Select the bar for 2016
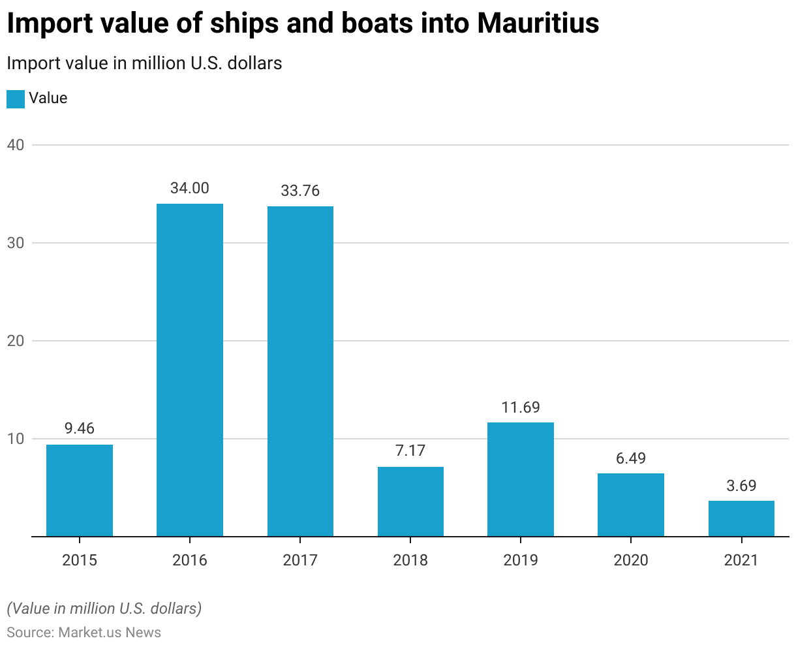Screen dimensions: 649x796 190,370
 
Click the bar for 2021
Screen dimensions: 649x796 741,518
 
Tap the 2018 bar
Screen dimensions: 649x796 410,501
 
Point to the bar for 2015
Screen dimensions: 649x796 80,490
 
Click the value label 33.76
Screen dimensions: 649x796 300,191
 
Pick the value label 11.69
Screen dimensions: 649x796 521,407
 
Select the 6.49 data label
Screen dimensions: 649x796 631,458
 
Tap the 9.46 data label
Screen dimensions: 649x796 80,429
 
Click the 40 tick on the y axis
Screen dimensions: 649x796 16,145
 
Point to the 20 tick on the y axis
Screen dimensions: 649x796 16,341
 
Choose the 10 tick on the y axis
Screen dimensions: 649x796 16,439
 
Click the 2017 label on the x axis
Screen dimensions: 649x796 300,560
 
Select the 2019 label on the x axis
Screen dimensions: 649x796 521,560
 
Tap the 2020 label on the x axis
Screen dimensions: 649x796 631,560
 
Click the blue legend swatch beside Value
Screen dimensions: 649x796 16,99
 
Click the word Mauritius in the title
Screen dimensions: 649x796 538,24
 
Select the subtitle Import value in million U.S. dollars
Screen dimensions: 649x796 144,63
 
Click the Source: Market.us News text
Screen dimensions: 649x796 84,633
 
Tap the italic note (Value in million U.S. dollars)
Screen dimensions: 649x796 104,609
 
